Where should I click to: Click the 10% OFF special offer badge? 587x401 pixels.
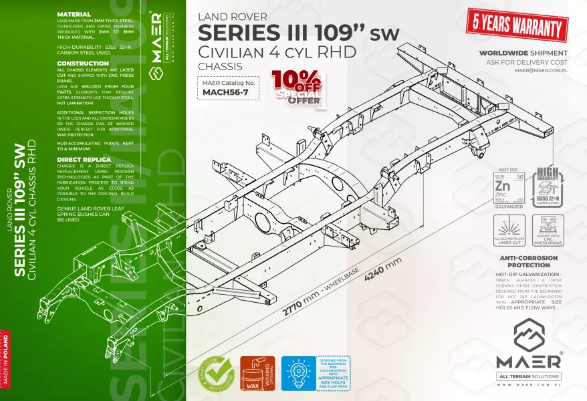click(x=296, y=88)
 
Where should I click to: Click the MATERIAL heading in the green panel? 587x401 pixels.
click(x=74, y=14)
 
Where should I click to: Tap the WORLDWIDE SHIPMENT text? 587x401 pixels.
click(x=524, y=53)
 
